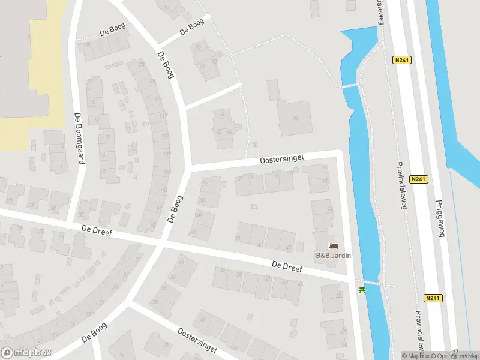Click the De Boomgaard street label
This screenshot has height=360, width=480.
click(x=78, y=139)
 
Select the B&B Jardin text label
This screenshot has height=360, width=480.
click(x=334, y=255)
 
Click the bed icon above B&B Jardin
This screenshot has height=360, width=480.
click(x=334, y=245)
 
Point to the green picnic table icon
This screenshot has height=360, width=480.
click(x=362, y=290)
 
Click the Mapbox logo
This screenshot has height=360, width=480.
click(x=26, y=352)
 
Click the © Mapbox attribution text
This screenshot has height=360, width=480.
click(x=416, y=356)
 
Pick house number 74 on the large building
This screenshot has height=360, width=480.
click(x=295, y=118)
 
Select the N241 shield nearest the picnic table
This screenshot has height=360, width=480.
click(x=431, y=298)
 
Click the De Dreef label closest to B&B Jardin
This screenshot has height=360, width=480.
click(x=286, y=266)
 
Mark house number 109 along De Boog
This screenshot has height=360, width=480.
click(x=165, y=154)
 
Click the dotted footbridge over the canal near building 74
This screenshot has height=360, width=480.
click(x=350, y=86)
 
